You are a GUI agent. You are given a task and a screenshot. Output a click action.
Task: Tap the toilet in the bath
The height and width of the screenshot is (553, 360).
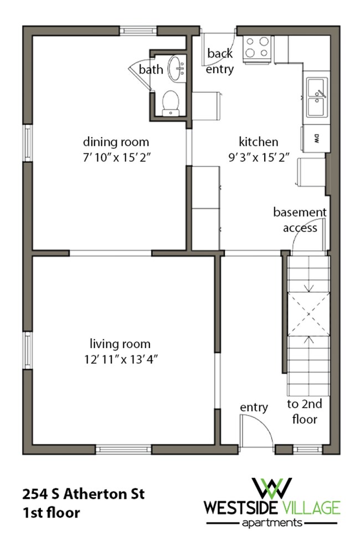point(171,104)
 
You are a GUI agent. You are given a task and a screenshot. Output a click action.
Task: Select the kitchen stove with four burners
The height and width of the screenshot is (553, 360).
point(258,49)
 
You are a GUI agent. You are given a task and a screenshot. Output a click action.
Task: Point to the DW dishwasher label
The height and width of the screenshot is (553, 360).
point(316,138)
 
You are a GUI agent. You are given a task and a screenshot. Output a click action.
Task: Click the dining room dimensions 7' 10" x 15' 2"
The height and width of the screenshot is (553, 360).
point(117,157)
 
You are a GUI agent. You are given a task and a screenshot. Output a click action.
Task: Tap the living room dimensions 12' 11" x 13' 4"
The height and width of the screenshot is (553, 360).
point(121,359)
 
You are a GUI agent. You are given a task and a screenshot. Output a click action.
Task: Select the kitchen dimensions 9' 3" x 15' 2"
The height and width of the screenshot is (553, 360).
point(259,157)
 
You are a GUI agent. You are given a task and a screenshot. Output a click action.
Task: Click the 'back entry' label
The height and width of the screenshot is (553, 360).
point(220,61)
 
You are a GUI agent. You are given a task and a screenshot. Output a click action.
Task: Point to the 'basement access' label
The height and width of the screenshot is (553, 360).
point(300,220)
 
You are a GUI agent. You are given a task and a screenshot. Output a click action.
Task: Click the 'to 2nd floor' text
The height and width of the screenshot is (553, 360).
point(305,411)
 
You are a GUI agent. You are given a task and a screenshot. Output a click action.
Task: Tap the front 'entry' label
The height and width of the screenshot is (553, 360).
point(254,408)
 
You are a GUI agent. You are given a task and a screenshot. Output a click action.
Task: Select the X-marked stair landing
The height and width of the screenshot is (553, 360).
point(309,314)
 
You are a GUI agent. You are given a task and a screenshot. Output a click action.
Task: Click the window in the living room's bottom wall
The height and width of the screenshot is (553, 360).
point(124,449)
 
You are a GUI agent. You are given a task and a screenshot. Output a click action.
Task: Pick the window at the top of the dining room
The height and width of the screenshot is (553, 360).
point(138,30)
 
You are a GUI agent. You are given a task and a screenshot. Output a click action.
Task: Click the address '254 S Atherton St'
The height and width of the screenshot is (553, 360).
point(84,494)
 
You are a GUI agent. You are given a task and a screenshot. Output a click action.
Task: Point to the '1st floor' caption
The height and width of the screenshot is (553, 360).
point(51,513)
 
